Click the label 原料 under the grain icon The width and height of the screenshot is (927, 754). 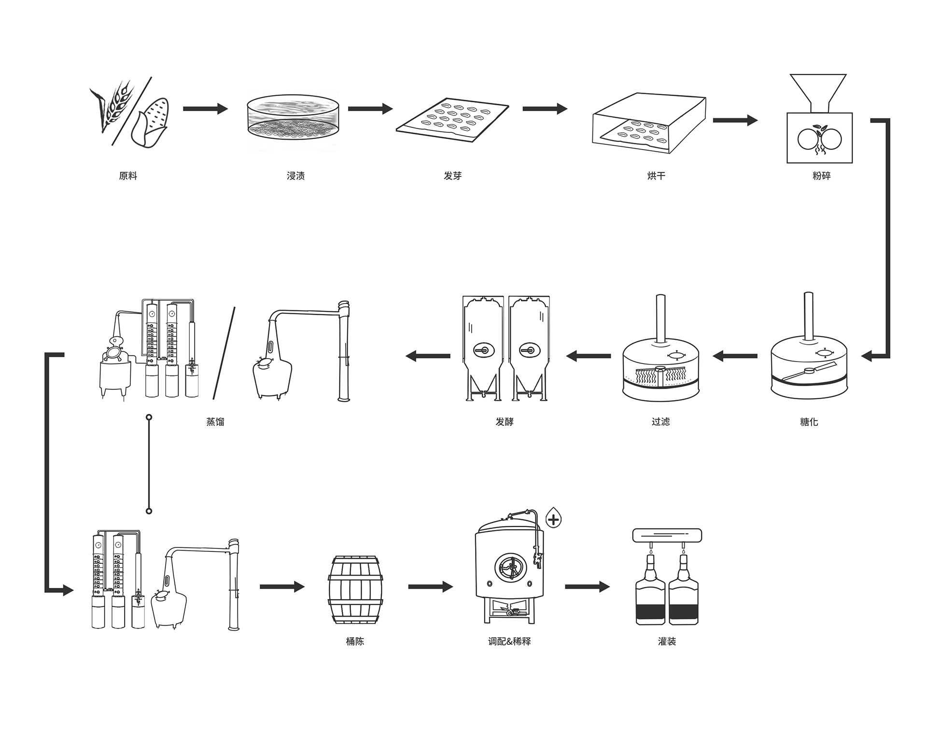coord(128,176)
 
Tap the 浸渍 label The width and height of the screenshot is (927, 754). coord(295,176)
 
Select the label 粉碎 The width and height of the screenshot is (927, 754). coord(821,176)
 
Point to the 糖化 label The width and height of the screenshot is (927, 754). coord(809,422)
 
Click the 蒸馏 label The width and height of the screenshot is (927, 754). coord(215,422)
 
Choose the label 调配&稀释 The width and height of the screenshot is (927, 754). coord(509,642)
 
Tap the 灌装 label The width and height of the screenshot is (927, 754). coord(667,642)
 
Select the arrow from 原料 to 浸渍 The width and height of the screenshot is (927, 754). coord(205,109)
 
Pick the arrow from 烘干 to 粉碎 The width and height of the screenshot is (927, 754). coord(735,120)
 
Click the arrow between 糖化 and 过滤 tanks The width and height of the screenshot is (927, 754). coord(735,357)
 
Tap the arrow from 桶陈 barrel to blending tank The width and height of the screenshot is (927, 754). coord(430,587)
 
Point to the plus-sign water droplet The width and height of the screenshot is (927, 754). coord(553,519)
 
